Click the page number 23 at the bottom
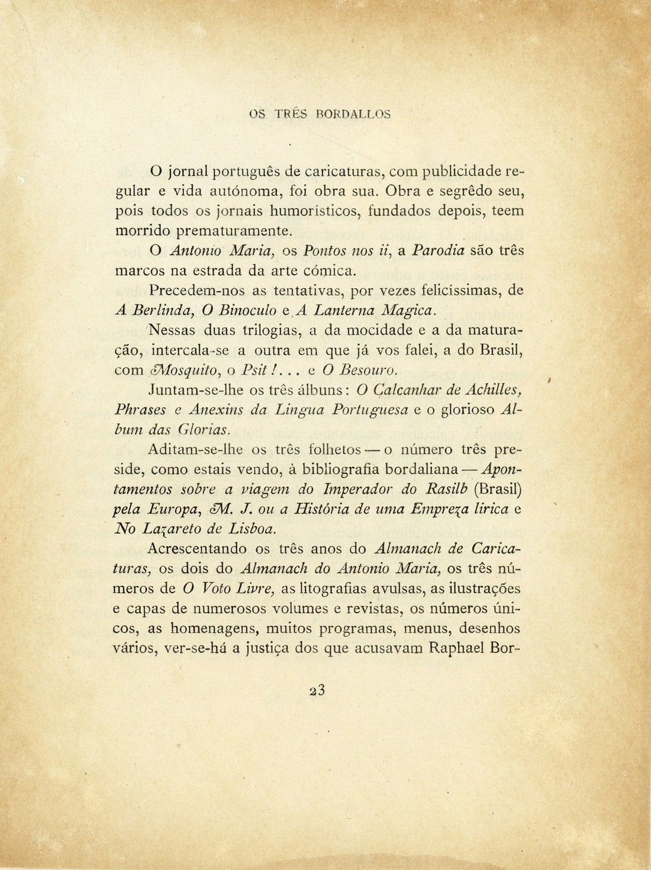(318, 691)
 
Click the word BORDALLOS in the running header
(354, 114)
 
